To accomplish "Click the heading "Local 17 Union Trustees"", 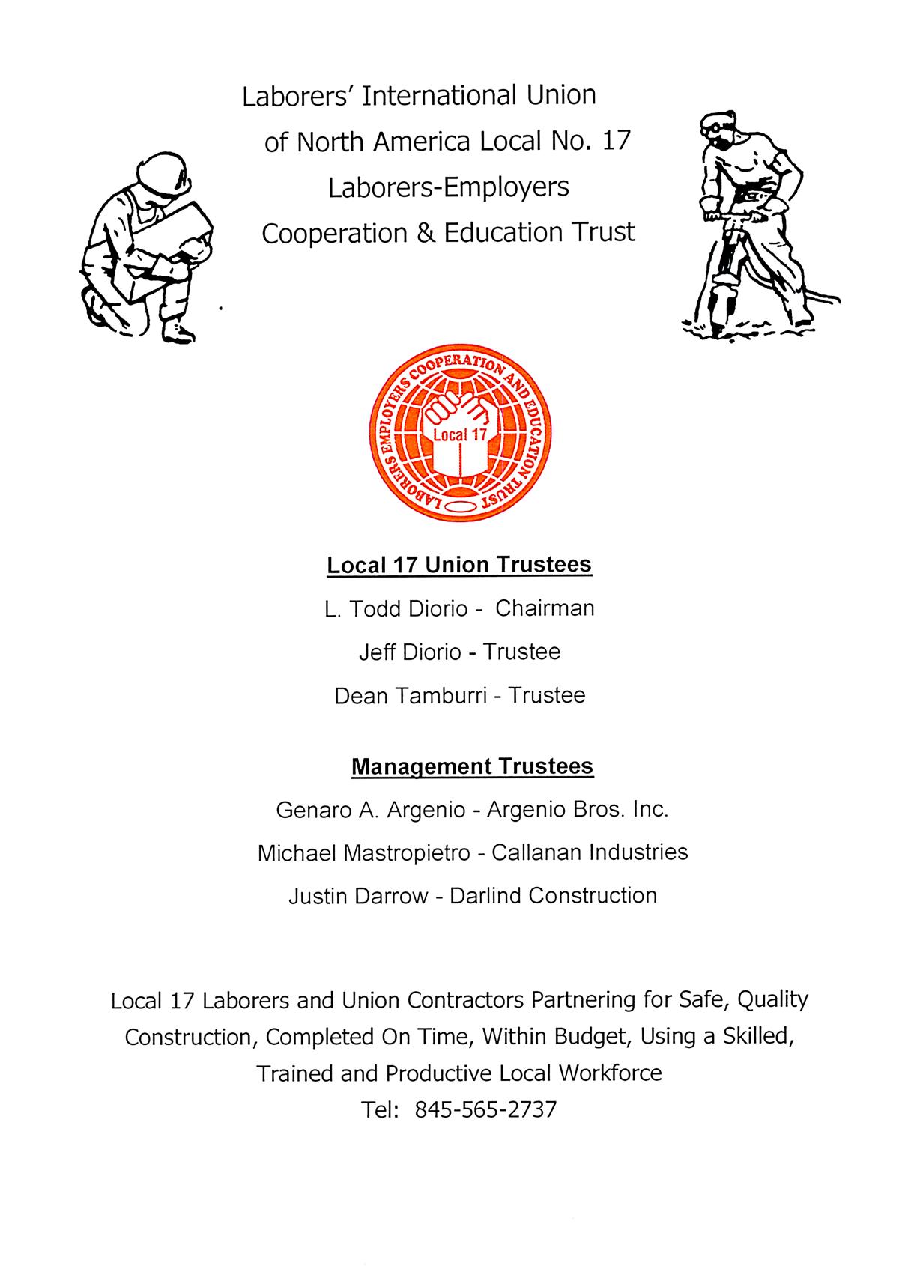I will pyautogui.click(x=459, y=564).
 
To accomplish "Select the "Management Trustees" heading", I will pyautogui.click(x=472, y=766).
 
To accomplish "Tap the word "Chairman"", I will pyautogui.click(x=545, y=608).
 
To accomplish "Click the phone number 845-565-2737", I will pyautogui.click(x=485, y=1109).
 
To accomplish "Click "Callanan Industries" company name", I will pyautogui.click(x=590, y=852).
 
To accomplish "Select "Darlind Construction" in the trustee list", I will pyautogui.click(x=553, y=896).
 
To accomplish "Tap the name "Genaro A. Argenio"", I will pyautogui.click(x=369, y=810).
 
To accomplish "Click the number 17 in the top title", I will pyautogui.click(x=617, y=141).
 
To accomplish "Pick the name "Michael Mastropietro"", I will pyautogui.click(x=363, y=853).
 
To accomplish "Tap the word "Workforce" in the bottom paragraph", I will pyautogui.click(x=610, y=1073).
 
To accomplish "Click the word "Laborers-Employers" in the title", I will pyautogui.click(x=448, y=187).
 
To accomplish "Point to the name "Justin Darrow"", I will pyautogui.click(x=357, y=896).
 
